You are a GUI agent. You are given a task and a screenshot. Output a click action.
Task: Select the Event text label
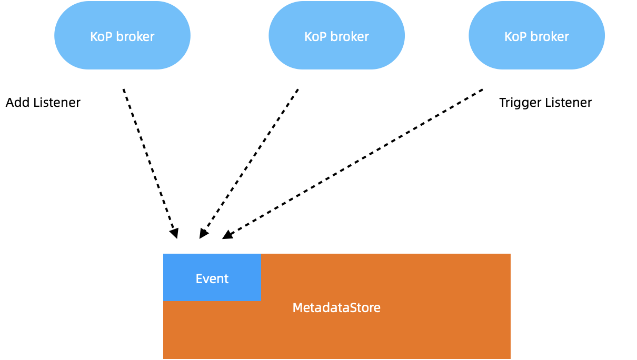coord(212,279)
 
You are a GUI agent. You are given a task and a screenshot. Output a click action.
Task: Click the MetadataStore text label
coord(336,308)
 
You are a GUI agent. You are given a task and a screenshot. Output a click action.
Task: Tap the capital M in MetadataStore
coord(296,308)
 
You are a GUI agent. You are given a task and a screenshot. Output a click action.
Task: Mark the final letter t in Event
coord(226,279)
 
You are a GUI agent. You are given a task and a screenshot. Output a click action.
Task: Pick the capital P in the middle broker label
coord(323,37)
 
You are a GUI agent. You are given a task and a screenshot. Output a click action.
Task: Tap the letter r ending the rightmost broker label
coord(567,37)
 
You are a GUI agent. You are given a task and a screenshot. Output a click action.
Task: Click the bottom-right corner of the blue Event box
coord(260,300)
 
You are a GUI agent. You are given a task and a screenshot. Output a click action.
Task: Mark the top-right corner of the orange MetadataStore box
coord(510,255)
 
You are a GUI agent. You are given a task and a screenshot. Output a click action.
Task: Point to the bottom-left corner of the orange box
coord(164,358)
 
